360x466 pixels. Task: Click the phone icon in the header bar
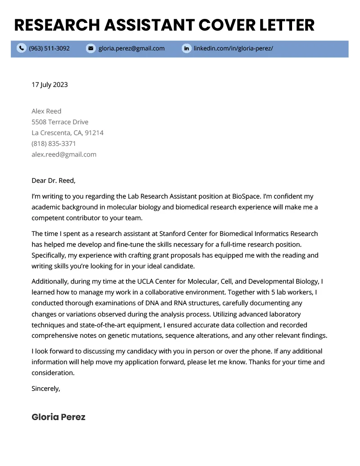click(x=21, y=48)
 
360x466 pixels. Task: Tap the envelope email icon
click(x=91, y=48)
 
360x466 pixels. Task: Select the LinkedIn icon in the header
click(x=186, y=48)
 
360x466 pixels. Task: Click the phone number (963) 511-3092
click(x=49, y=48)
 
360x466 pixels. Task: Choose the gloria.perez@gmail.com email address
click(x=131, y=48)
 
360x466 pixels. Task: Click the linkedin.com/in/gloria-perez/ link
click(x=233, y=48)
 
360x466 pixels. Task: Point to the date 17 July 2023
click(x=49, y=85)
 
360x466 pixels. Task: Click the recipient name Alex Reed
click(x=46, y=111)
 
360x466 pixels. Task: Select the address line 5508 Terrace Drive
click(x=60, y=122)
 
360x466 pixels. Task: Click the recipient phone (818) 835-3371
click(x=54, y=144)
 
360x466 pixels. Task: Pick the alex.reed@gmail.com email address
click(x=64, y=154)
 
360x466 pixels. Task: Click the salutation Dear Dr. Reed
click(x=54, y=181)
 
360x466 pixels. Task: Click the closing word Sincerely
click(x=45, y=388)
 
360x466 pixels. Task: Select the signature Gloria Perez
click(x=58, y=417)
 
